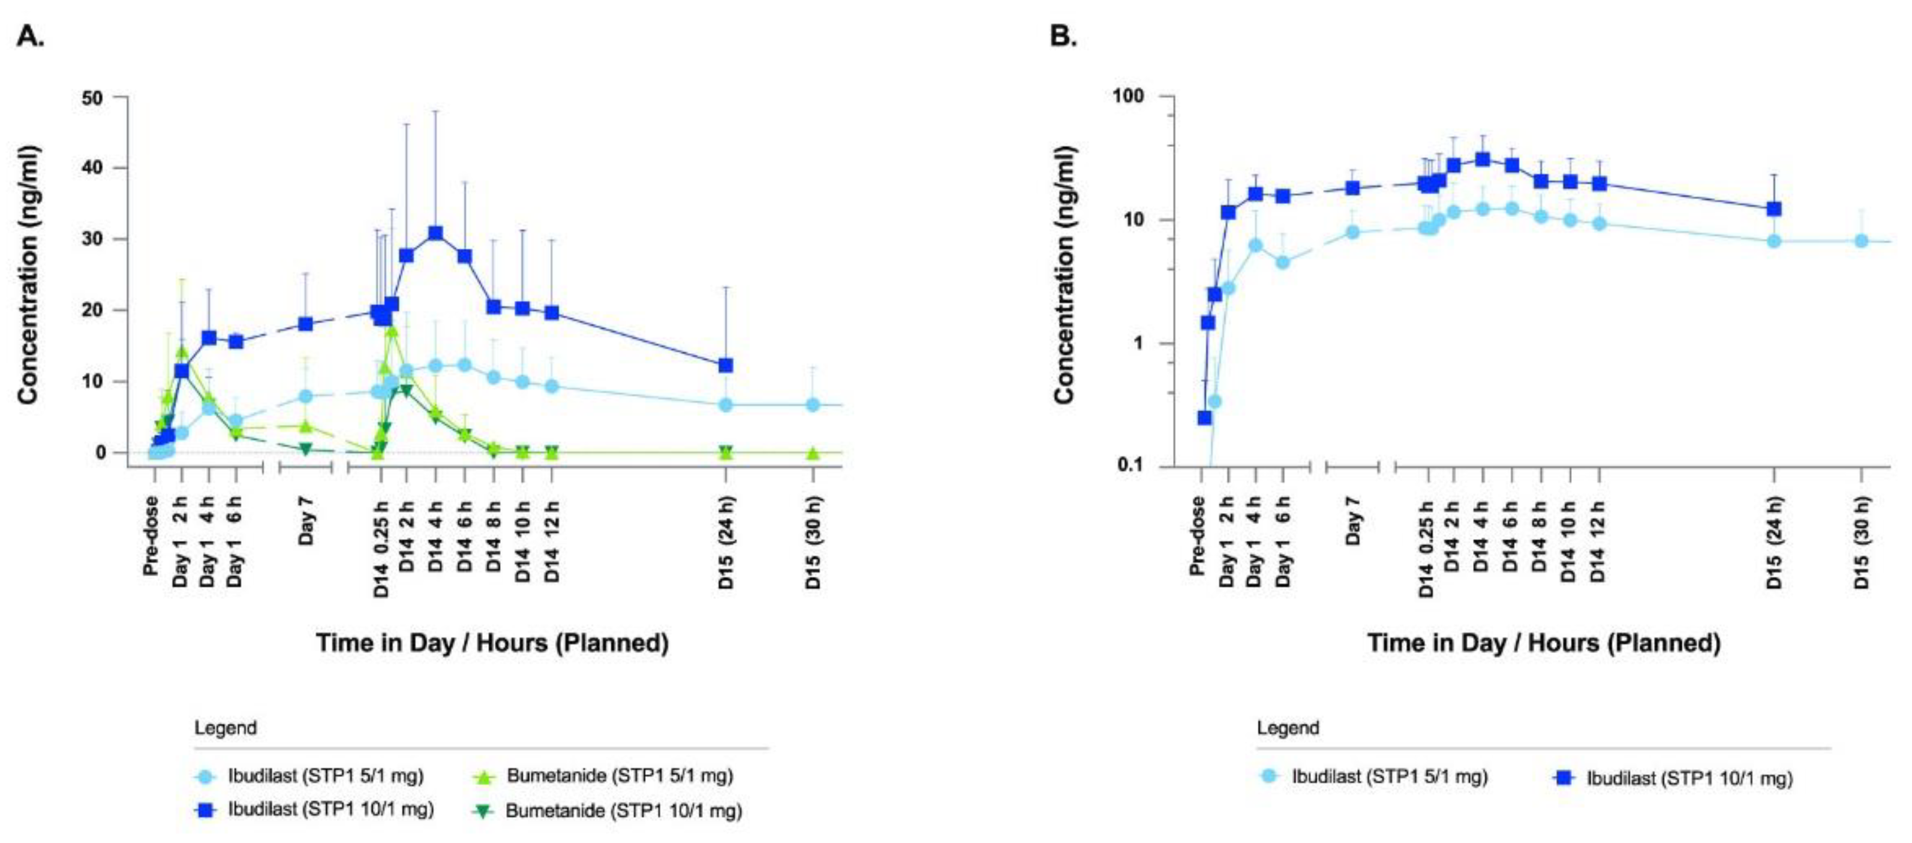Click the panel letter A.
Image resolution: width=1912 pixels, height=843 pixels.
coord(30,35)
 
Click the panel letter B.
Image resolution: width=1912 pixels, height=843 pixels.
coord(1062,35)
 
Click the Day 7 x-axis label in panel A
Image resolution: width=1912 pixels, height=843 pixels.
coord(306,520)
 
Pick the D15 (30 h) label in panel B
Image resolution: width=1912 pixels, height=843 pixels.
coord(1862,543)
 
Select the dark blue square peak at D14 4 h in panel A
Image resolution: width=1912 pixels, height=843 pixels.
coord(435,233)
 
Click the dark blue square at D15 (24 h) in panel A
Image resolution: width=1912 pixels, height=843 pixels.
coord(726,365)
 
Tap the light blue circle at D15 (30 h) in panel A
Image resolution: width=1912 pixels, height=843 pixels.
coord(813,405)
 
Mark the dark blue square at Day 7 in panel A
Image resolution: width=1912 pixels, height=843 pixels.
coord(305,324)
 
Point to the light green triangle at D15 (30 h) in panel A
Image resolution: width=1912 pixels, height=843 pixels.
coord(813,453)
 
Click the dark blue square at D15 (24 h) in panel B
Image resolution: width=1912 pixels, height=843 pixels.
coord(1774,209)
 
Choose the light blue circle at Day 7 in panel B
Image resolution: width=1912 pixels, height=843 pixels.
coord(1352,232)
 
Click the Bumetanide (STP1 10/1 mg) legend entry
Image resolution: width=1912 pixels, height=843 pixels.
coord(623,811)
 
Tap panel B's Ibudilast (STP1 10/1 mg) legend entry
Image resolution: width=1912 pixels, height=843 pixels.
coord(1688,778)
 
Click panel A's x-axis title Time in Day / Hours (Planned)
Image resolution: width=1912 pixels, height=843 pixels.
coord(492,643)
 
